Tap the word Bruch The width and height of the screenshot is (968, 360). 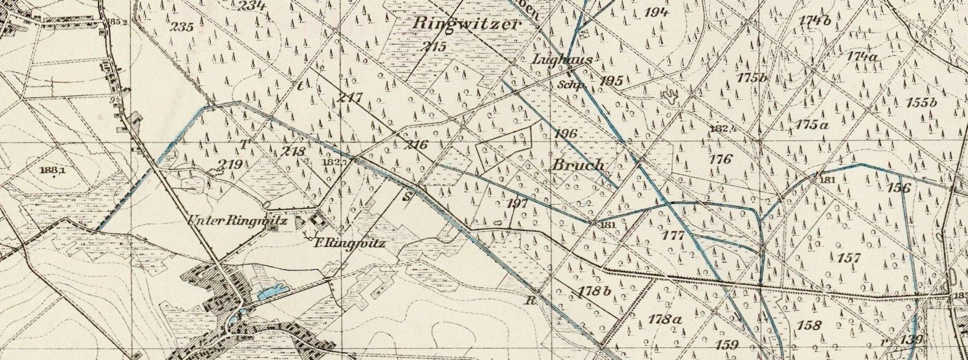pos(578,165)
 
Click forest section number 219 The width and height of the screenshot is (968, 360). pos(231,165)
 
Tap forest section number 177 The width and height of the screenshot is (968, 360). pos(673,235)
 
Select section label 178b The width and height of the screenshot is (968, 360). pos(595,291)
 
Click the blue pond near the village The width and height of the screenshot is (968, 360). pos(269,293)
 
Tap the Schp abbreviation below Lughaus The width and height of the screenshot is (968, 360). pos(572,85)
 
